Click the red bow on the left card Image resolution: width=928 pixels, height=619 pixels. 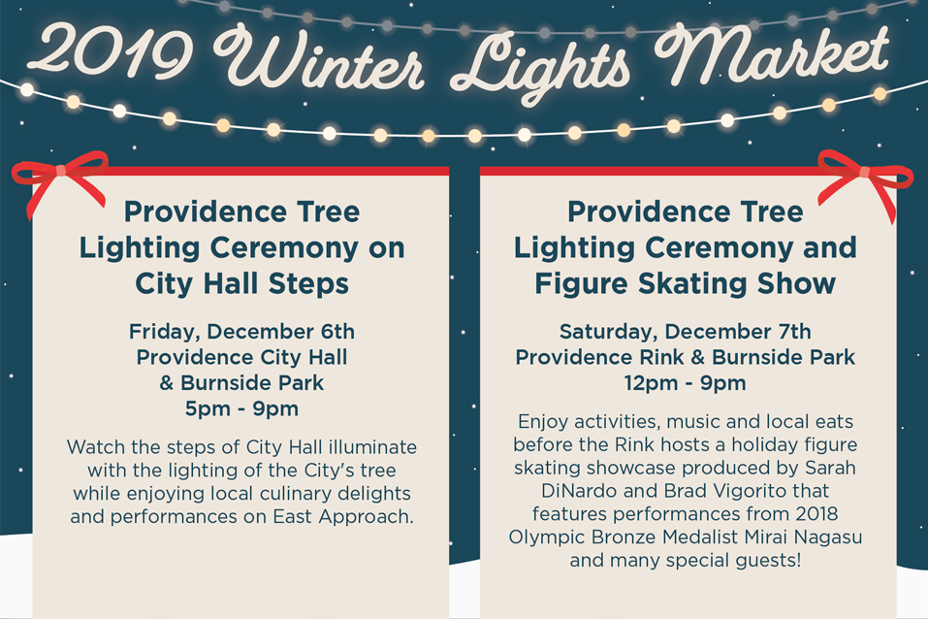click(60, 172)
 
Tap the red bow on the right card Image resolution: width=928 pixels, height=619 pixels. click(865, 174)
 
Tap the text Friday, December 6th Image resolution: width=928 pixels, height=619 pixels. click(241, 332)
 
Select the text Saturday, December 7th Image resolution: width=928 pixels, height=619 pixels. click(686, 332)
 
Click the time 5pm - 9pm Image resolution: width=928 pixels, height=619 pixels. click(241, 408)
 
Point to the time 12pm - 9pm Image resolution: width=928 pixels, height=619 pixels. click(686, 383)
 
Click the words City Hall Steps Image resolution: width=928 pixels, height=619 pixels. click(242, 284)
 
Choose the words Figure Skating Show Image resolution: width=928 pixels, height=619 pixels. click(686, 284)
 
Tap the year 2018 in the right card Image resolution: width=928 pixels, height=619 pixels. click(816, 513)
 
